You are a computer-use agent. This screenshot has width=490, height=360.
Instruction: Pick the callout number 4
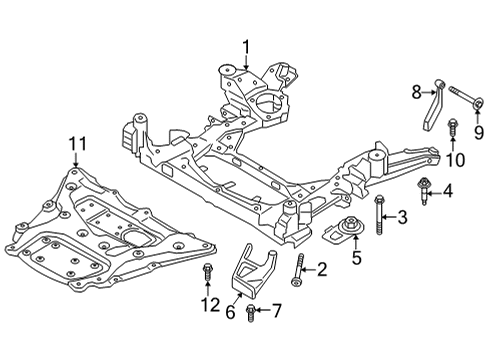pos(448,190)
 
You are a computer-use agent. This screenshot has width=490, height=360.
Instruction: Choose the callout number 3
pos(402,217)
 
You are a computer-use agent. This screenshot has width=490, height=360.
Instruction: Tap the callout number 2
pos(322,268)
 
